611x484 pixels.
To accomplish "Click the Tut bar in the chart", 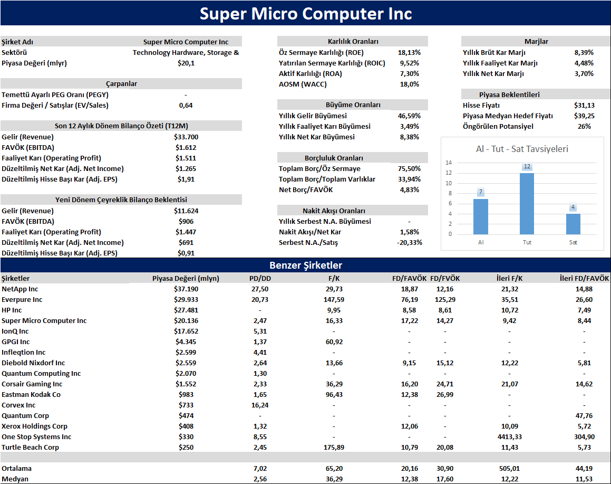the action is coord(527,204).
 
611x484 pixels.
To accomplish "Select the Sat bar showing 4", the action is coord(573,224).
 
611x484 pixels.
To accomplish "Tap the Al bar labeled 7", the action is coord(480,216).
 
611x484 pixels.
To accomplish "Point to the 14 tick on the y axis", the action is coord(449,163).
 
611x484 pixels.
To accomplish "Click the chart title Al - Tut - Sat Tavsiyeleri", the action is coord(522,149).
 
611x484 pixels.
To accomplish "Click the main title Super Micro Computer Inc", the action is coord(306,14).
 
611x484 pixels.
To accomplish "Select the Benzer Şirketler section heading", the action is coord(306,265).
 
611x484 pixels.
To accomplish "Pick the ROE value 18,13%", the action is coord(409,53).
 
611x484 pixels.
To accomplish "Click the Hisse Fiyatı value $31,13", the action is coord(584,106).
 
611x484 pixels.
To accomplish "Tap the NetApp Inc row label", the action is coord(20,289).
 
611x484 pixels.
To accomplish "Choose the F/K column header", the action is coord(334,279).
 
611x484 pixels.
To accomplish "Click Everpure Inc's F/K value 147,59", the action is coord(334,299).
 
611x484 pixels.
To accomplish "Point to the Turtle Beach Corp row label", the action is coord(30,448).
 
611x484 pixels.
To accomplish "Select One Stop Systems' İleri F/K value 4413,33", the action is coord(509,437).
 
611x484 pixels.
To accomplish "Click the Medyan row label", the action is coord(15,479).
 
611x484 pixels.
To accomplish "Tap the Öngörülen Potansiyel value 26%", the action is coord(584,126).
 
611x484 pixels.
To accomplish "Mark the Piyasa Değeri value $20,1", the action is coord(186,63).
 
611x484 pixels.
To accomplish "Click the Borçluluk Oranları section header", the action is coord(334,158).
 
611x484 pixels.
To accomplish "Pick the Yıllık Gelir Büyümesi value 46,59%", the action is coord(409,116).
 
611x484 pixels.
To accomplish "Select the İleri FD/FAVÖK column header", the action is coord(584,279).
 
